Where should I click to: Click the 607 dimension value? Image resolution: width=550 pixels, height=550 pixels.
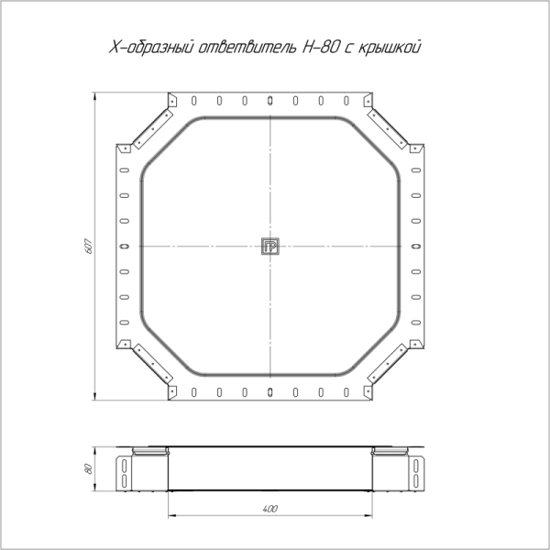coord(89,247)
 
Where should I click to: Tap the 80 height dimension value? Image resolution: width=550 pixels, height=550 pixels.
coord(89,469)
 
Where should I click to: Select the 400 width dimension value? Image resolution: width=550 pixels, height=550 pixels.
coord(270,509)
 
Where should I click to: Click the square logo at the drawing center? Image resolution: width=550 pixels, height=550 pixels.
coord(270,247)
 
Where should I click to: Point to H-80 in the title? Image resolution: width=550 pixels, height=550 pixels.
coord(321,48)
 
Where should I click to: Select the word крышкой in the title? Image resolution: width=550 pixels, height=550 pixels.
coord(390,48)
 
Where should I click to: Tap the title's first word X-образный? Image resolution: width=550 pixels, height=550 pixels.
coord(151,48)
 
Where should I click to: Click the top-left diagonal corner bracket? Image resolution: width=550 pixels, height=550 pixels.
coord(153,128)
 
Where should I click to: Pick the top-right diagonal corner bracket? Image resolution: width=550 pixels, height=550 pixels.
coord(387,128)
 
